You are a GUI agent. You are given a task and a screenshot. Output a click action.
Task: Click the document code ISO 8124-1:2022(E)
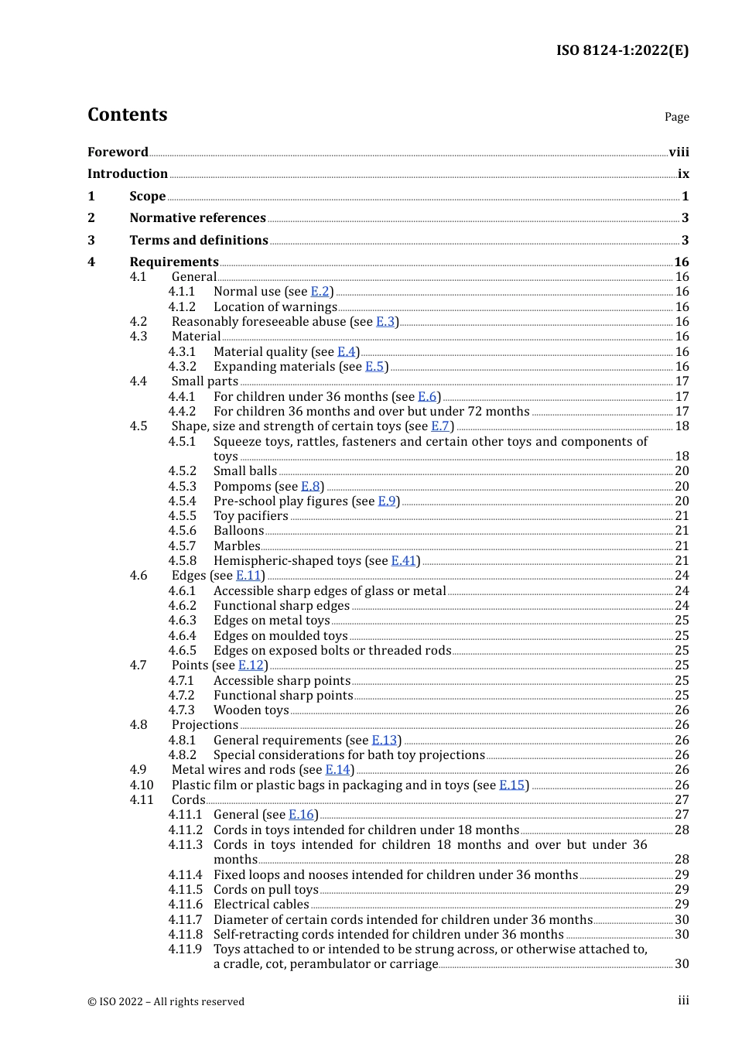coord(622,50)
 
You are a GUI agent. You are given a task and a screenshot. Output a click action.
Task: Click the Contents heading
coord(127,115)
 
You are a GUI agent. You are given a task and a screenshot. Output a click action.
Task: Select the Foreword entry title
coord(118,152)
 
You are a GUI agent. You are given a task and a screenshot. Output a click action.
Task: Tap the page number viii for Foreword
coord(679,152)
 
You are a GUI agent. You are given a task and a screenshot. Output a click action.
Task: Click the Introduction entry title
coord(128,173)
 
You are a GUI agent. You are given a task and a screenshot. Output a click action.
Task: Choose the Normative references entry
coord(197,217)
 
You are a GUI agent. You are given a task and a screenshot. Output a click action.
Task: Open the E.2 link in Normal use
coord(320,292)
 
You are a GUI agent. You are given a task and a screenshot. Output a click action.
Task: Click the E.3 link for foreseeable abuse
coord(385,321)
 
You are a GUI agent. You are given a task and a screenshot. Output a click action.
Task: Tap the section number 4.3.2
coord(183,366)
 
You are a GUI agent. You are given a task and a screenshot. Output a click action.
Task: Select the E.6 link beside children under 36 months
coord(427,396)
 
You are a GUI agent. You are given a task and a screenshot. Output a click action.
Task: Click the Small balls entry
coord(245,470)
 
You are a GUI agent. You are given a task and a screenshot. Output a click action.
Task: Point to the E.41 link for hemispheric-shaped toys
coord(404,560)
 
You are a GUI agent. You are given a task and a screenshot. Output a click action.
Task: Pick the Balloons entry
coord(239,530)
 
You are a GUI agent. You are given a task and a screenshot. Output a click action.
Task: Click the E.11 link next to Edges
coord(248,575)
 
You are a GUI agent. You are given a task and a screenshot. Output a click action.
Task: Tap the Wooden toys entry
coord(251,710)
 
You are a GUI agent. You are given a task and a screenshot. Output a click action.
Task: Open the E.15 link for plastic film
coord(511,785)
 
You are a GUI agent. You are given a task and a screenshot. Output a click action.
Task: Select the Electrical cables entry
coord(262,904)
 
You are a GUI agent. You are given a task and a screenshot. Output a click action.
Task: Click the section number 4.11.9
coord(185,949)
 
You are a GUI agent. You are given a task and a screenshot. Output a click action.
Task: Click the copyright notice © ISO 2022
coord(166,1001)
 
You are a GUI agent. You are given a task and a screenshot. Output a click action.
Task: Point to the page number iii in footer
coord(683,1001)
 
